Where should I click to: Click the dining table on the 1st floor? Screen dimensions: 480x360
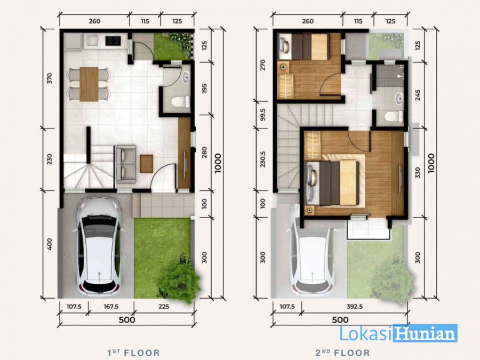[x=89, y=84]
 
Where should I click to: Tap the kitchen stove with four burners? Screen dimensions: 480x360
[x=113, y=41]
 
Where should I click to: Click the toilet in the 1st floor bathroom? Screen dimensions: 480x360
[x=181, y=102]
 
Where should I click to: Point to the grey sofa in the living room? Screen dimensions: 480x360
[x=126, y=164]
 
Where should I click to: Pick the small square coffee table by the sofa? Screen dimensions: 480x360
[x=146, y=164]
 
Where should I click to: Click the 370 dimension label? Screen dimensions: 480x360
[x=49, y=78]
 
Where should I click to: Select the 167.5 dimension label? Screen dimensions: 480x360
[x=111, y=307]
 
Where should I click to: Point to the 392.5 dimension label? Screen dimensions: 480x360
[x=355, y=307]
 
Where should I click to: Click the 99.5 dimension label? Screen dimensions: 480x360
[x=262, y=115]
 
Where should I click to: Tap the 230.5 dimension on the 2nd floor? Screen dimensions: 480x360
[x=262, y=159]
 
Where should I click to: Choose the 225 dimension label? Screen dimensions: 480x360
[x=164, y=307]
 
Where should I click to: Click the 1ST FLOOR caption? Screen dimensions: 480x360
[x=133, y=353]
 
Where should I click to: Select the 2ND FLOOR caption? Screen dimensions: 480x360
[x=342, y=353]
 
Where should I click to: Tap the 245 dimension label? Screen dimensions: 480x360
[x=418, y=95]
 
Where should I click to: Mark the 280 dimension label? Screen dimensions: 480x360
[x=204, y=153]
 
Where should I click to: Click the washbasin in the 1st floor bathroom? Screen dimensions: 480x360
[x=186, y=78]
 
